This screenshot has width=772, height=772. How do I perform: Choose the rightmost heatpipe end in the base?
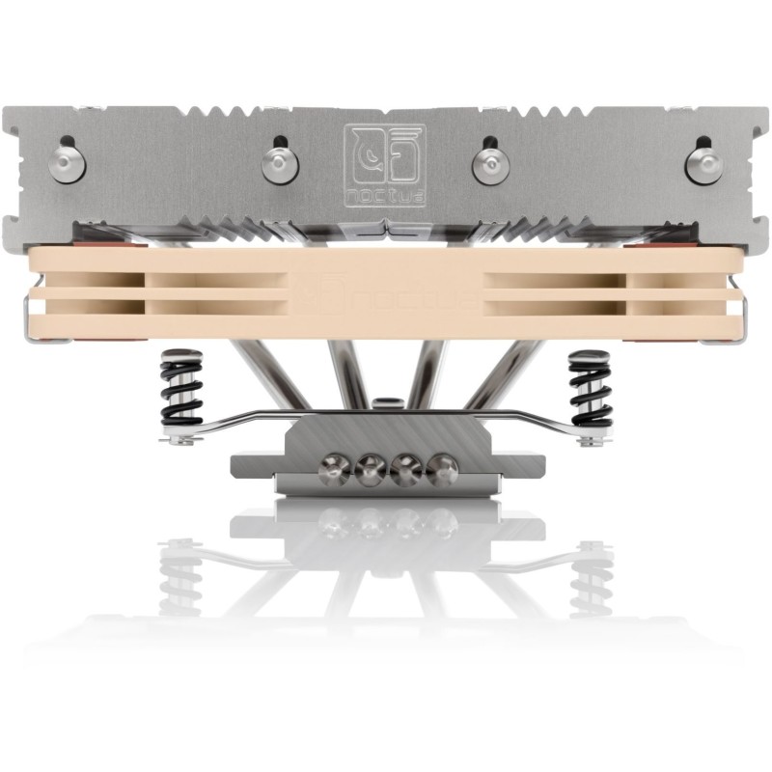coord(442,471)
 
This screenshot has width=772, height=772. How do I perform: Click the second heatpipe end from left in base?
coord(369,471)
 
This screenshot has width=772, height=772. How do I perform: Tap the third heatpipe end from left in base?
coord(405,471)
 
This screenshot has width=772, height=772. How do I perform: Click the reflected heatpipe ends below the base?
coord(387,522)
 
